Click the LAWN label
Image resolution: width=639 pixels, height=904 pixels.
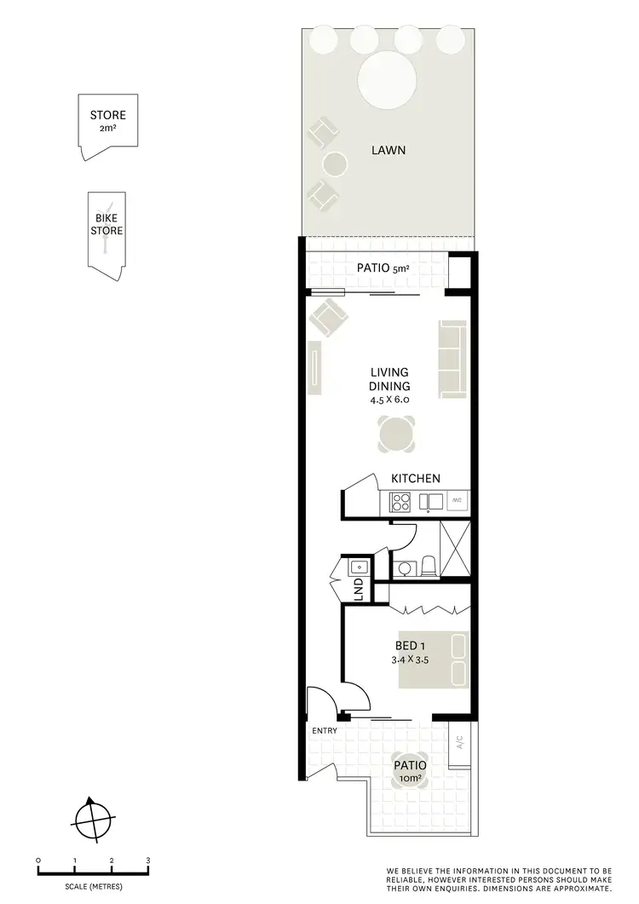[x=388, y=151]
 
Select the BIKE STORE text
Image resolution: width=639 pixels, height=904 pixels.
[x=107, y=225]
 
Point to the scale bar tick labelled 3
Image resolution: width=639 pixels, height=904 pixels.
[x=148, y=861]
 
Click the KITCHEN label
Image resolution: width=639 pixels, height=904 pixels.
[x=416, y=479]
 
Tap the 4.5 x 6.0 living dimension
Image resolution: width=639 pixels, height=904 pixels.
[x=389, y=399]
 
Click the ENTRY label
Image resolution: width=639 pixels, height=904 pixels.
[x=325, y=730]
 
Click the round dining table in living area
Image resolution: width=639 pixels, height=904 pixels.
[x=398, y=435]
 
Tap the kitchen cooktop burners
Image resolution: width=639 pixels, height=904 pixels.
[x=402, y=502]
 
